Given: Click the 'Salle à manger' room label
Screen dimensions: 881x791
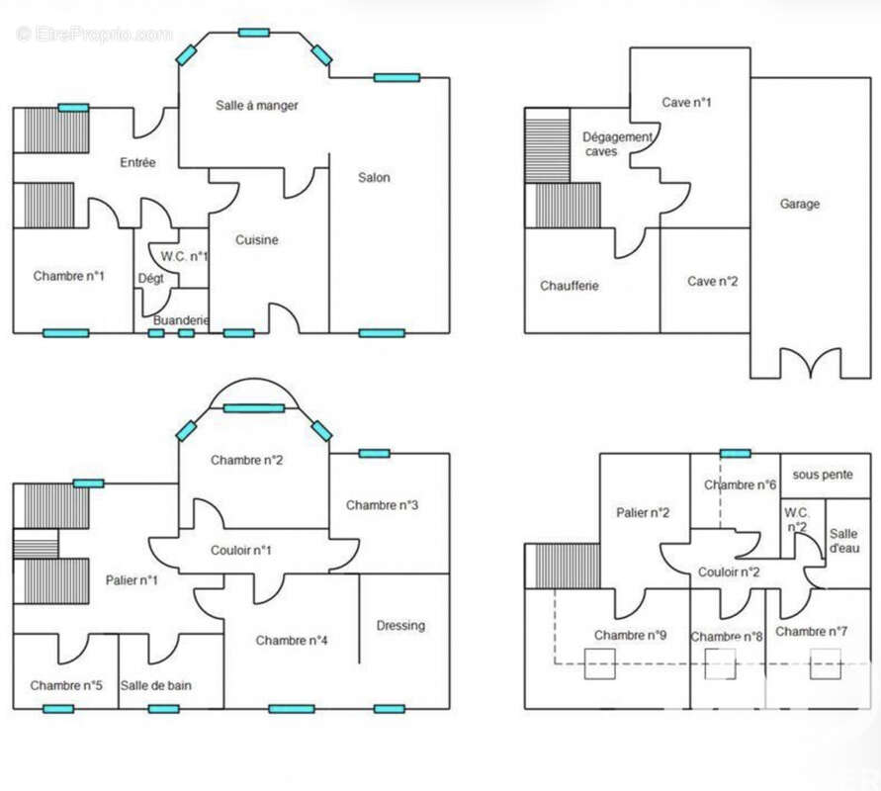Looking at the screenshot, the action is [x=257, y=105].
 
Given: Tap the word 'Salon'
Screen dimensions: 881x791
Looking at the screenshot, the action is [x=374, y=178].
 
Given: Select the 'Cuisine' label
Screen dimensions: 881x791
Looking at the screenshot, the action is [x=256, y=240].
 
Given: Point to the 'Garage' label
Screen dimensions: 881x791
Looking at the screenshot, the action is [x=800, y=204].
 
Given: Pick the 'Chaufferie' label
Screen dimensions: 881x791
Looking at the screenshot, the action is [x=570, y=286].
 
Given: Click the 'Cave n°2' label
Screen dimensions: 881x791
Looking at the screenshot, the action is [x=712, y=281].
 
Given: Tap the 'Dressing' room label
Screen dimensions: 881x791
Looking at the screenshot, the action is [x=400, y=625].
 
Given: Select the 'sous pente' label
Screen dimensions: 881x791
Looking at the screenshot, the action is [x=823, y=475].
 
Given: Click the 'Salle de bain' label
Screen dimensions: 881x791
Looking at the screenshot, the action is [x=155, y=685].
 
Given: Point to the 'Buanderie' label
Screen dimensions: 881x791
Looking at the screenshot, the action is [x=181, y=320].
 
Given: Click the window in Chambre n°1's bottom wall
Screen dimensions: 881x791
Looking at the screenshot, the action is [x=65, y=333].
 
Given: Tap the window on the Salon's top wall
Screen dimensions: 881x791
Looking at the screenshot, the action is [x=396, y=77].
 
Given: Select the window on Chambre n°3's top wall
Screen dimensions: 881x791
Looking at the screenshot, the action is [x=374, y=454].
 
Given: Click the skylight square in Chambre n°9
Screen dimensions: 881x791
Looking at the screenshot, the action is [x=599, y=663].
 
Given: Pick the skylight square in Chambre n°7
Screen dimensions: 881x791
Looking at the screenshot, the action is [x=826, y=663].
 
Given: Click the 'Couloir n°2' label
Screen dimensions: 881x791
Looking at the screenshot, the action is [x=729, y=571].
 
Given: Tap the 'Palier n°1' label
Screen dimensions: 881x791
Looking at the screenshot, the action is [x=132, y=579].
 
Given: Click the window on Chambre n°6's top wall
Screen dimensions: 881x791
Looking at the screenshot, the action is [x=736, y=454].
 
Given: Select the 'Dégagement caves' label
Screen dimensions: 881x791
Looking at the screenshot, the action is [x=617, y=144].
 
